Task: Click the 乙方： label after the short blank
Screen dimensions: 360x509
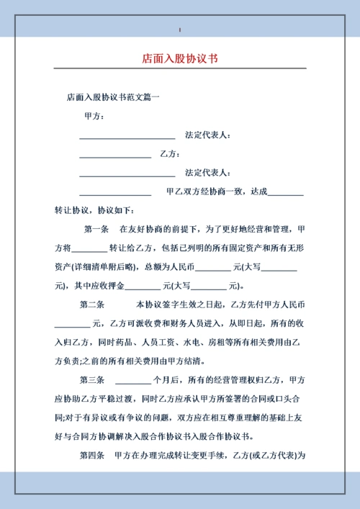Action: pyautogui.click(x=169, y=153)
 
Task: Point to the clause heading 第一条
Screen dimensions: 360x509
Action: pyautogui.click(x=96, y=229)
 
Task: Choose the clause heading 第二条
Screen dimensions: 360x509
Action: pyautogui.click(x=92, y=304)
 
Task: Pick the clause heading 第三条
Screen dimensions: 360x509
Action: pyautogui.click(x=92, y=379)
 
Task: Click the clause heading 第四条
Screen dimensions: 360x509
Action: pyautogui.click(x=92, y=455)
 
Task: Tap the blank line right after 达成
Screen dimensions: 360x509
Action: pyautogui.click(x=285, y=192)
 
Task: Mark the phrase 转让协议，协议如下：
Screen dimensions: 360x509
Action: pyautogui.click(x=94, y=210)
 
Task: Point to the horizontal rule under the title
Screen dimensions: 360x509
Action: pyautogui.click(x=180, y=68)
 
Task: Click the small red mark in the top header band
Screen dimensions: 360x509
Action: pyautogui.click(x=180, y=30)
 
